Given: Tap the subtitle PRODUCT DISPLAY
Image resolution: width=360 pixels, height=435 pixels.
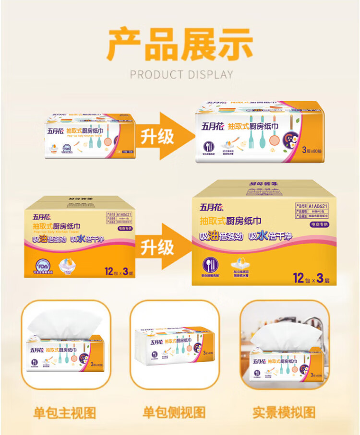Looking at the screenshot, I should (181, 75).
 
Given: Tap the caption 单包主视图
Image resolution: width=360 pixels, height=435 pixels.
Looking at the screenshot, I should (65, 412).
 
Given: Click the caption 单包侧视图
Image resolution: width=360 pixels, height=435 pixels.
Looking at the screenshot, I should (174, 412).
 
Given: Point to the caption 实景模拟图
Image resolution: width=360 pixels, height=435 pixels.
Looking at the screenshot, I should (284, 412).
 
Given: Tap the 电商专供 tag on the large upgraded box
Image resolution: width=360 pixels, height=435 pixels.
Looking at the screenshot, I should (317, 224).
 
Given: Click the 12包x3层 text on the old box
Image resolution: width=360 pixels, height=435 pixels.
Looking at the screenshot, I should (118, 271).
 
